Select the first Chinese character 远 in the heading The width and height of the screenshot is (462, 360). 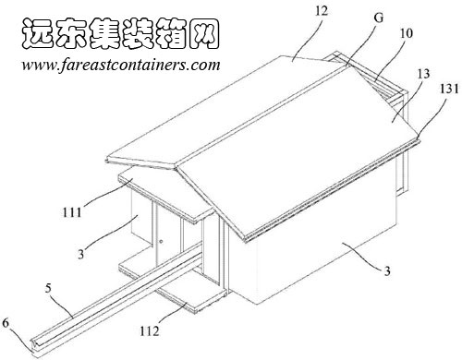36,32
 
